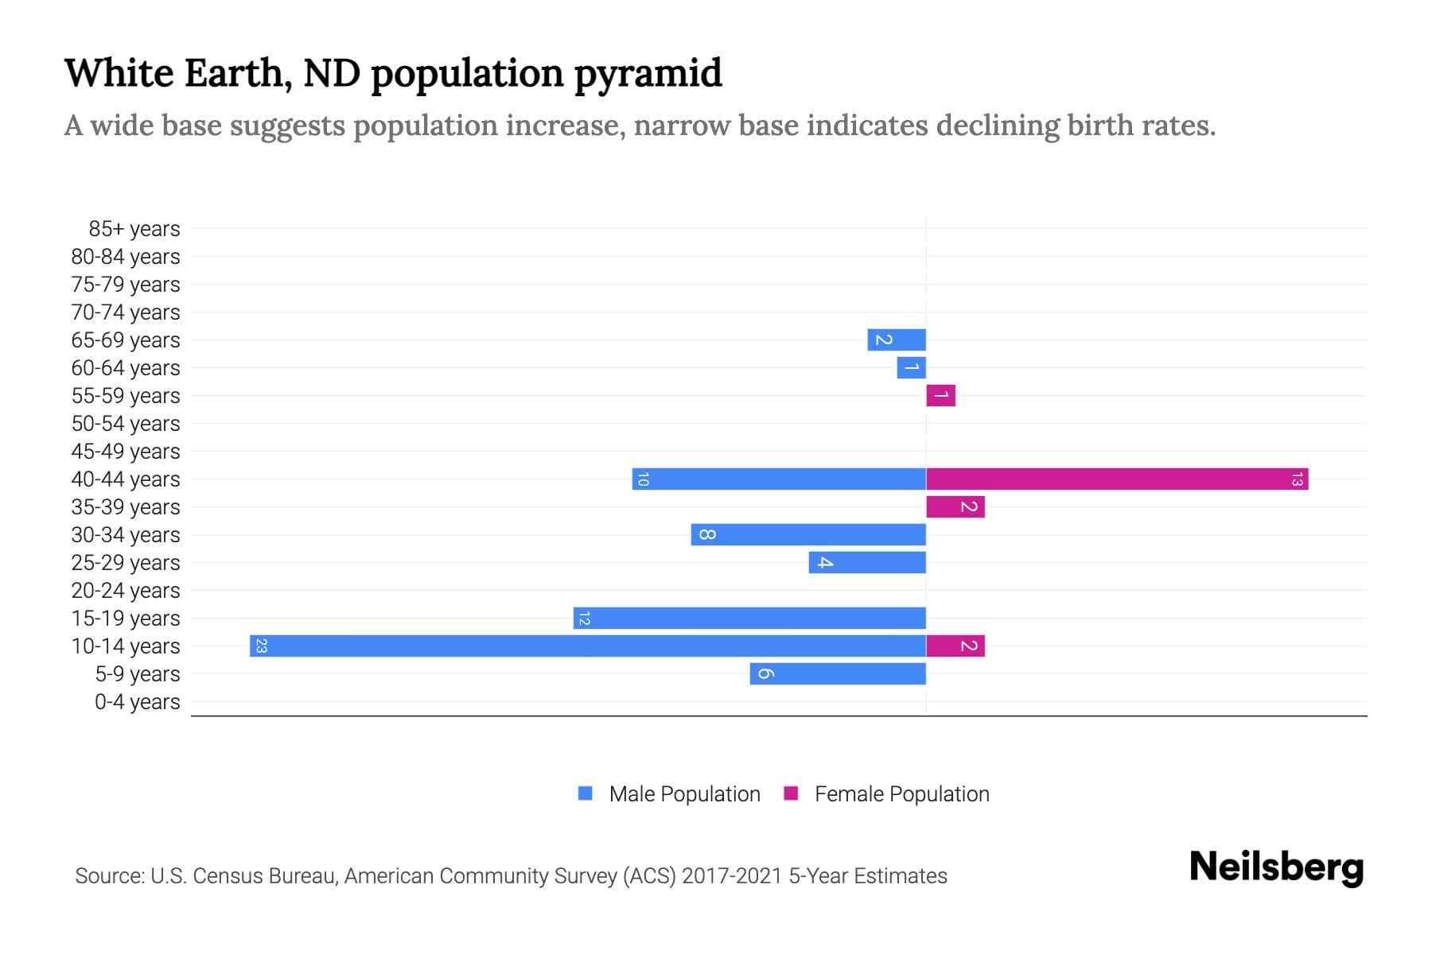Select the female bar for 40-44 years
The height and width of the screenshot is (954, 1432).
pyautogui.click(x=1117, y=479)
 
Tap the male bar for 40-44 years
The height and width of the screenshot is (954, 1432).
pyautogui.click(x=779, y=479)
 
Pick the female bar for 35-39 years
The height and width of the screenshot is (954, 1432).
pyautogui.click(x=955, y=506)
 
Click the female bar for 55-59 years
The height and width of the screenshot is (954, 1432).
pyautogui.click(x=940, y=395)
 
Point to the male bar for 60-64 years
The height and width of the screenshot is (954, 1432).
pyautogui.click(x=911, y=367)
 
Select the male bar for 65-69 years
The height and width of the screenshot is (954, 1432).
pyautogui.click(x=897, y=339)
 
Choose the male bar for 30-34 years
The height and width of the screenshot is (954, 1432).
pyautogui.click(x=808, y=534)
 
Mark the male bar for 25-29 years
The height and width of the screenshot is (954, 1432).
pyautogui.click(x=867, y=562)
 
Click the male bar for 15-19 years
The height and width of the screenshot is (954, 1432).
pyautogui.click(x=749, y=618)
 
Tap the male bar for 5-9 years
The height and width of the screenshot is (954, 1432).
pyautogui.click(x=838, y=673)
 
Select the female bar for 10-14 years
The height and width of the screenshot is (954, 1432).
pyautogui.click(x=955, y=646)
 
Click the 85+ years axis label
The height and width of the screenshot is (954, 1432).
pyautogui.click(x=134, y=229)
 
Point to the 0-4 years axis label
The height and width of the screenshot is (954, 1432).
pyautogui.click(x=137, y=702)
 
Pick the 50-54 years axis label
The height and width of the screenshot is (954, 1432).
pyautogui.click(x=126, y=424)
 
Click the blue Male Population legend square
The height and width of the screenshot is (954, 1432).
pyautogui.click(x=586, y=793)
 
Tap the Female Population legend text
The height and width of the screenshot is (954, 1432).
pyautogui.click(x=901, y=794)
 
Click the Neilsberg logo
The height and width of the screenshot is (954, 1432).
pyautogui.click(x=1276, y=867)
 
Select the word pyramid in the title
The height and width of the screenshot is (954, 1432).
pyautogui.click(x=648, y=74)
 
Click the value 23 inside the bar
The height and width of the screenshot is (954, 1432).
pyautogui.click(x=261, y=646)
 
